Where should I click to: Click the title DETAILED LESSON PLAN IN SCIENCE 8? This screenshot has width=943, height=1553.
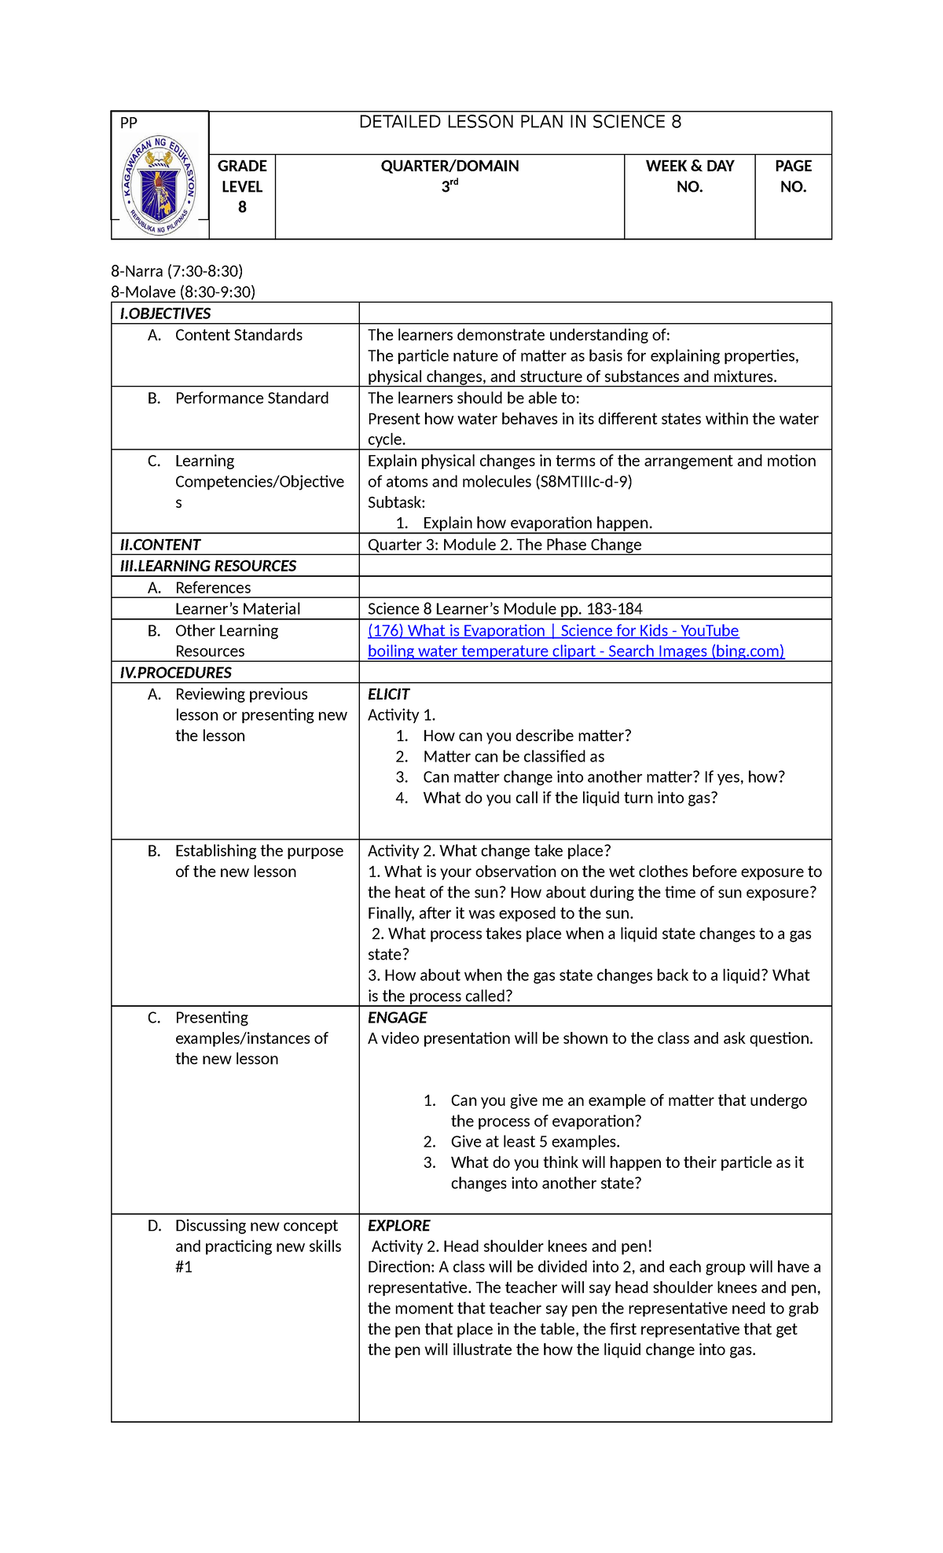[519, 123]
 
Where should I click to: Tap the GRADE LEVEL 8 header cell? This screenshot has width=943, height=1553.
[242, 187]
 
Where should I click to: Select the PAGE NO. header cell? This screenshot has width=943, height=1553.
[793, 177]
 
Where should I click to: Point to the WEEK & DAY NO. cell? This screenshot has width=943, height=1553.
[689, 177]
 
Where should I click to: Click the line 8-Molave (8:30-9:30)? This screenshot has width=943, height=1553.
[183, 292]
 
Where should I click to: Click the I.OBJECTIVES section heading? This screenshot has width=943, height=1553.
[165, 314]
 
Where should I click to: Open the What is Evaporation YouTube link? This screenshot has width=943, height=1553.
[553, 631]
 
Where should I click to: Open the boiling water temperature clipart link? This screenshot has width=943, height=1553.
[575, 652]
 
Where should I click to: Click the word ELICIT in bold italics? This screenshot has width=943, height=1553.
[388, 695]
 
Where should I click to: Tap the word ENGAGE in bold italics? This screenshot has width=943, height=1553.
[397, 1018]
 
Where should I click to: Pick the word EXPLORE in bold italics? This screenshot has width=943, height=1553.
[398, 1226]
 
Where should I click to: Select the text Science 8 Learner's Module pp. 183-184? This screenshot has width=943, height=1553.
[505, 609]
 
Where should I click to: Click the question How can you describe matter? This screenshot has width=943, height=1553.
[527, 736]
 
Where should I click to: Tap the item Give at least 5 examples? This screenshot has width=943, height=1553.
[534, 1142]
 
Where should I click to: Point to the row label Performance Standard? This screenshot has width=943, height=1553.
[251, 398]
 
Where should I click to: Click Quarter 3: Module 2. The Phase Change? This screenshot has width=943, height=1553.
[504, 545]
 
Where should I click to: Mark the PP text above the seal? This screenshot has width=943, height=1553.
[128, 123]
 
